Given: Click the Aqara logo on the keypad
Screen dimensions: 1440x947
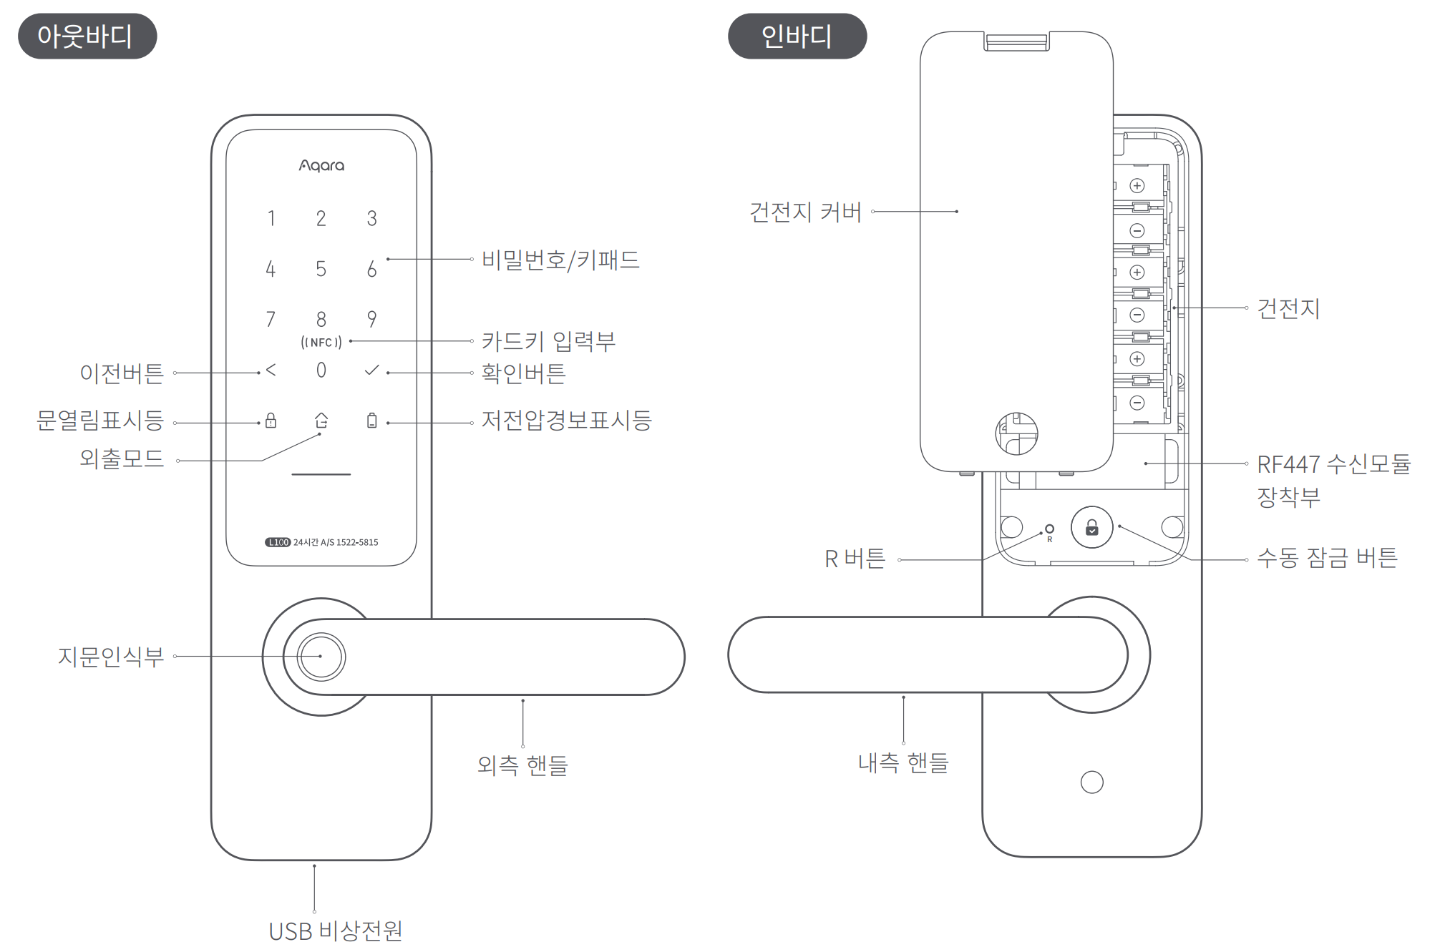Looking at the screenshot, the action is coord(321,166).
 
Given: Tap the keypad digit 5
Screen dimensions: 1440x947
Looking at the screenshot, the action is coord(321,269).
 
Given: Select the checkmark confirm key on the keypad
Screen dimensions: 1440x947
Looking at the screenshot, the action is coord(371,370).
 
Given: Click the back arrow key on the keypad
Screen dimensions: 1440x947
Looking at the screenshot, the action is coord(271,370).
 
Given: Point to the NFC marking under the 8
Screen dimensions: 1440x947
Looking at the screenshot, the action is coord(321,343).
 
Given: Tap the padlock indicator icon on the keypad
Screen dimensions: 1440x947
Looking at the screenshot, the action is coord(271,420).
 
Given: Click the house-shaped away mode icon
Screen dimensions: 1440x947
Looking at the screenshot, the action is coord(321,420).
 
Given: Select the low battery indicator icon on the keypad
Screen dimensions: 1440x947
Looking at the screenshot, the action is coord(371,420).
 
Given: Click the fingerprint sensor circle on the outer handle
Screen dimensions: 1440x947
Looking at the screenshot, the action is coord(321,657).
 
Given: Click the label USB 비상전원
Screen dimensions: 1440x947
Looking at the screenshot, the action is coord(336,931).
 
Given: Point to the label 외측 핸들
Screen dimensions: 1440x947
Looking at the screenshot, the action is coord(522,765).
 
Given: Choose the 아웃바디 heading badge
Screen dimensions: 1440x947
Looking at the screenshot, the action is coord(87,36).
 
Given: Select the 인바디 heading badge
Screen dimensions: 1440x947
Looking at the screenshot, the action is coord(797,36).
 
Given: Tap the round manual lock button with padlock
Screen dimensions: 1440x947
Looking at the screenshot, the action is coord(1091,527).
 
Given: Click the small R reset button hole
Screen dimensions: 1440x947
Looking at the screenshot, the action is coord(1049,529).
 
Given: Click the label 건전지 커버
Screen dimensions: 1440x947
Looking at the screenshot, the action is coord(805,212).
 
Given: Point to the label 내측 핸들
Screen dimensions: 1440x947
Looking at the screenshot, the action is coord(903,762).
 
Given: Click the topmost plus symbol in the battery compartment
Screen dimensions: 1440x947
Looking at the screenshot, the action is coord(1137,186).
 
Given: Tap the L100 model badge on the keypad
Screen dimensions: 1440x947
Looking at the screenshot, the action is coord(278,542).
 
